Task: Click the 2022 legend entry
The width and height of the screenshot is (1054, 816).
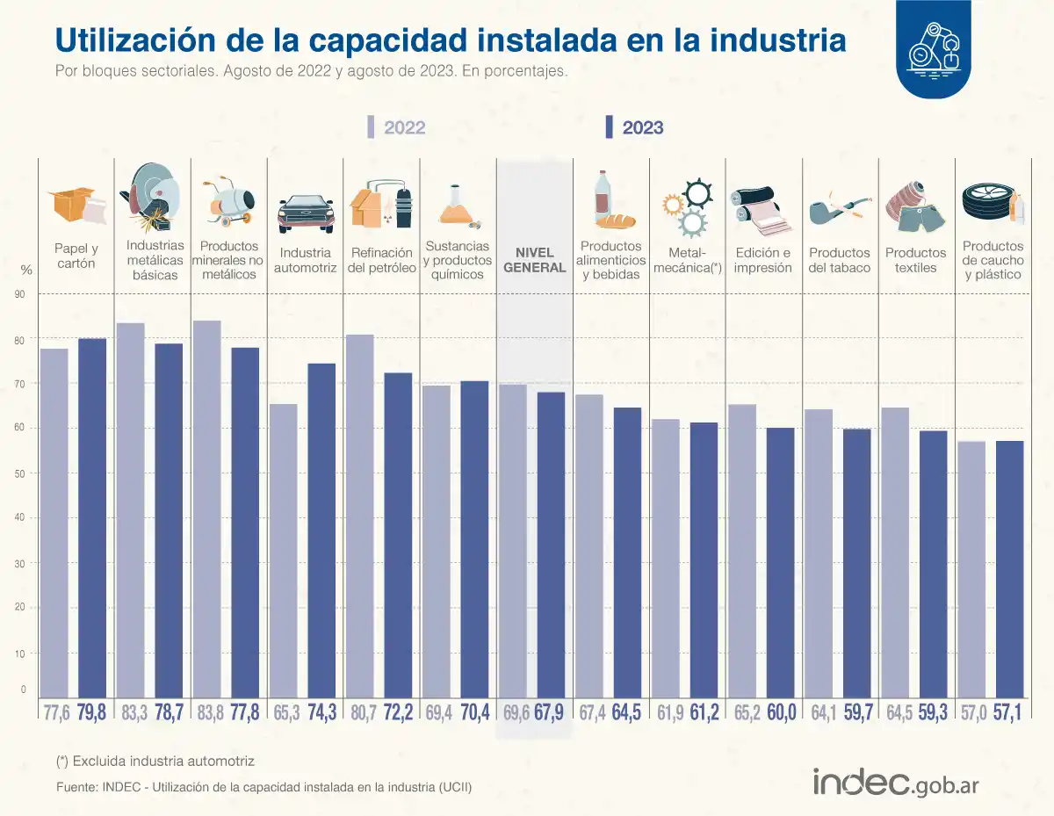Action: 396,127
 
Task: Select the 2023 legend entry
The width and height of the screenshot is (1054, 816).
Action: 634,127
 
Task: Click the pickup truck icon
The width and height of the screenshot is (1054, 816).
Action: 306,213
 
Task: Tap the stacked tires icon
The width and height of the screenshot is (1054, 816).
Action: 988,202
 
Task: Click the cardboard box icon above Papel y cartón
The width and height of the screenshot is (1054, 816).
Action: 77,206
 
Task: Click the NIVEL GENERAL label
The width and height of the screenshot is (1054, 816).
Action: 534,260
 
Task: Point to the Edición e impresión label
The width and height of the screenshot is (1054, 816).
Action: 762,260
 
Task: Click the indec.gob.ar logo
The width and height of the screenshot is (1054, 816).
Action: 896,783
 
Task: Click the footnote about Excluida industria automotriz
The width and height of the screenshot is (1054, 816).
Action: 155,761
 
